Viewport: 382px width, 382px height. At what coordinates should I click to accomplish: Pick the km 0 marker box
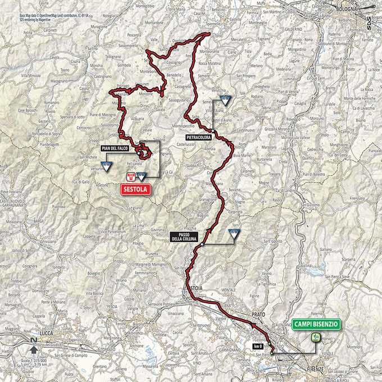[x=258, y=346]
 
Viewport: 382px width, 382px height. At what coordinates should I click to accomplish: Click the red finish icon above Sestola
[x=131, y=176]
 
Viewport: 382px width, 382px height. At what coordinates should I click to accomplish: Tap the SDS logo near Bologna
[x=369, y=24]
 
